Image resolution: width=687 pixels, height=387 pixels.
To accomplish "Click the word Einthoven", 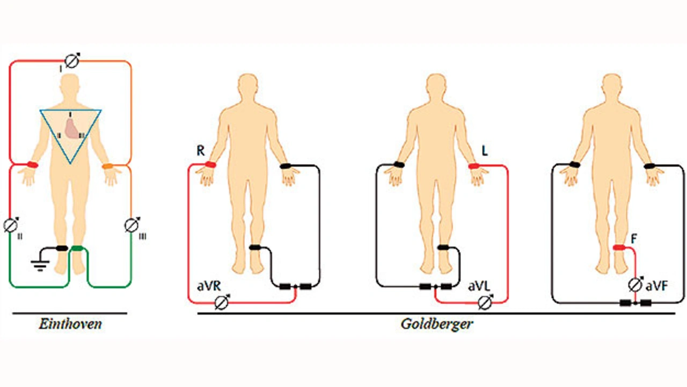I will (x=70, y=324).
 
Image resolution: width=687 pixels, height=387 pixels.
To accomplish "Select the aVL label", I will (x=479, y=287).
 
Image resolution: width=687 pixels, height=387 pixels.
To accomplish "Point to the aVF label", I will (x=656, y=287).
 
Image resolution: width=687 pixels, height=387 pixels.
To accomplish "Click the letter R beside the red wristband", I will (x=200, y=151).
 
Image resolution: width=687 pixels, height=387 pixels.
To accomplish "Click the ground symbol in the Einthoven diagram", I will (x=38, y=264).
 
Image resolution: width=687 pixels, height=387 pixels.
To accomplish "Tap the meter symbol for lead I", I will (x=72, y=61).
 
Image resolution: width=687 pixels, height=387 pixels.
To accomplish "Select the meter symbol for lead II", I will (x=11, y=225).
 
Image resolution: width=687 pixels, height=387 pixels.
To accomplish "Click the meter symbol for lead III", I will (x=131, y=225).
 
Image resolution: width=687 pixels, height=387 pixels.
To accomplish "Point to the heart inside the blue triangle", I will (x=72, y=127).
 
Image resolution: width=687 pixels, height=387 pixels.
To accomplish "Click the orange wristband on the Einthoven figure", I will (x=107, y=166).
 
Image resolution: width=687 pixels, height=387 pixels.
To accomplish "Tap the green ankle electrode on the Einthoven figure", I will (x=78, y=248).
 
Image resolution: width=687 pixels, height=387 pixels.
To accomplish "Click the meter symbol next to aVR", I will (x=221, y=303).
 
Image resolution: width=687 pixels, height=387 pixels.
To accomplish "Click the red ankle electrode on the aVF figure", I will (x=619, y=247).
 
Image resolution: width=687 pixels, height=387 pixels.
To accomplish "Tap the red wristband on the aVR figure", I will (x=209, y=164).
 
